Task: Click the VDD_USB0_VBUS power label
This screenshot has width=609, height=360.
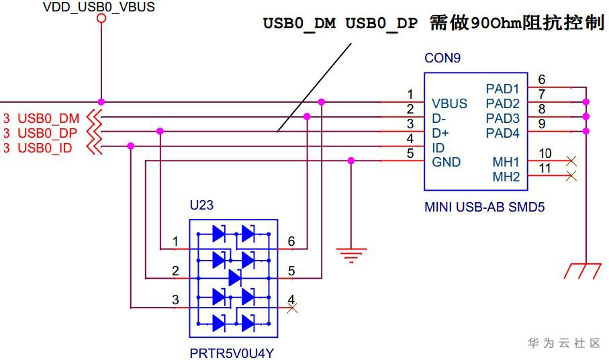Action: [x=99, y=7]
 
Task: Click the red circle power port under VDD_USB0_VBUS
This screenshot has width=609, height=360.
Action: [x=101, y=18]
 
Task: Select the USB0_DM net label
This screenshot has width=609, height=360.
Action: [x=48, y=118]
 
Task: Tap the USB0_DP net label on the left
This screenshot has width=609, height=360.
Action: [x=48, y=133]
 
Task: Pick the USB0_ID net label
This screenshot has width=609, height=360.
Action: [x=45, y=148]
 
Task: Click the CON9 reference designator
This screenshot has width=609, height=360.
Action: [x=442, y=58]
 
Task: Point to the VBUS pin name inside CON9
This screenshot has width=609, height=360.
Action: [x=449, y=103]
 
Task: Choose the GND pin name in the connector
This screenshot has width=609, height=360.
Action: [x=447, y=162]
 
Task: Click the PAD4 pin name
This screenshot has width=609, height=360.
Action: [x=503, y=133]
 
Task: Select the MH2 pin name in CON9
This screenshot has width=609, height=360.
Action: [x=506, y=177]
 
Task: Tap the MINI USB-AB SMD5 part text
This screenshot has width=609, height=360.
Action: [x=484, y=207]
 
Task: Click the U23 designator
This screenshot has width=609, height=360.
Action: [x=201, y=205]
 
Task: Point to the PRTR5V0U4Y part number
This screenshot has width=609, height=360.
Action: [x=232, y=353]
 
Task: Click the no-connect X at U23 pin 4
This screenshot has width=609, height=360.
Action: [x=292, y=308]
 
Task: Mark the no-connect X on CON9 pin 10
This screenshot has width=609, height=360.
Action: [x=571, y=161]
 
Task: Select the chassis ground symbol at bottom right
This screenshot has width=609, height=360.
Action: [x=583, y=271]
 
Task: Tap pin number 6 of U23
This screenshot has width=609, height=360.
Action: [x=291, y=241]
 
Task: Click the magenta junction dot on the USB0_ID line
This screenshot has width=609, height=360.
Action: [x=131, y=146]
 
